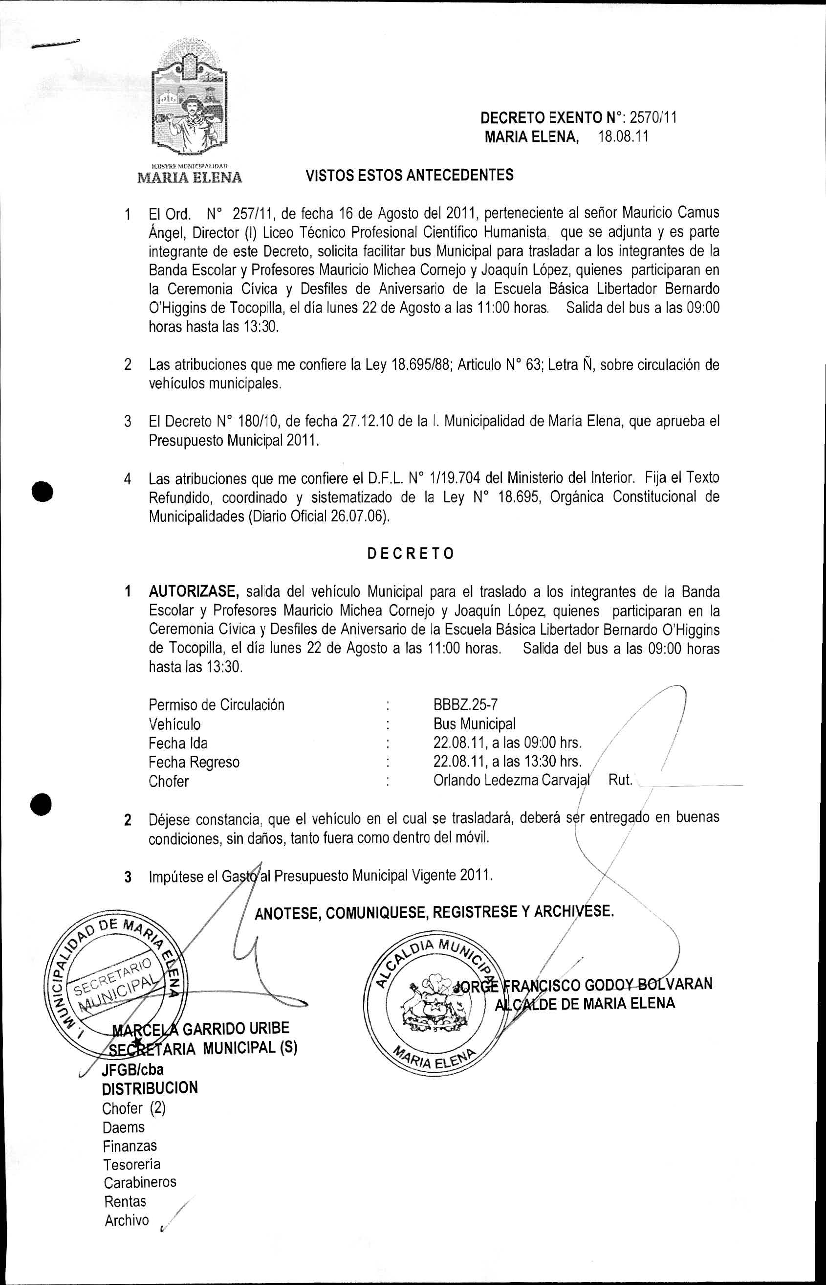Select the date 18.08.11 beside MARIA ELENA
pyautogui.click(x=623, y=136)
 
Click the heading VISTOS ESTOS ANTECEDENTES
pyautogui.click(x=409, y=175)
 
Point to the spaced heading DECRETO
pyautogui.click(x=411, y=553)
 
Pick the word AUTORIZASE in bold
pyautogui.click(x=194, y=591)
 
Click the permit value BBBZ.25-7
pyautogui.click(x=465, y=704)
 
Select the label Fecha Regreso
pyautogui.click(x=194, y=762)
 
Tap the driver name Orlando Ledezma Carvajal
pyautogui.click(x=511, y=781)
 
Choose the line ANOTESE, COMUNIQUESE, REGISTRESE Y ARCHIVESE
pyautogui.click(x=435, y=911)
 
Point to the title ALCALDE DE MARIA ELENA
pyautogui.click(x=585, y=1003)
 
